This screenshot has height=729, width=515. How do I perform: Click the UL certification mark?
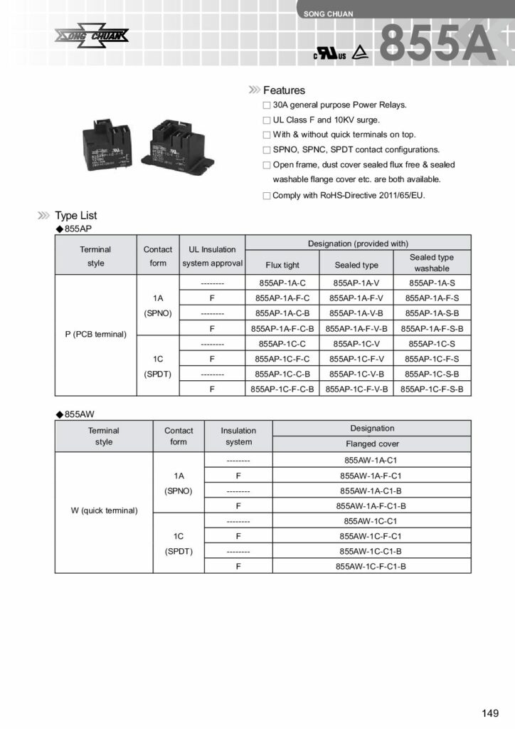[x=330, y=55]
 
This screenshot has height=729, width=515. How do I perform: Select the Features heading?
[x=284, y=90]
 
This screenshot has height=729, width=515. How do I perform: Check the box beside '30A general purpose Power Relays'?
[x=267, y=105]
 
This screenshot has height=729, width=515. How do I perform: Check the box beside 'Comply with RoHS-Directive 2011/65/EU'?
[x=267, y=195]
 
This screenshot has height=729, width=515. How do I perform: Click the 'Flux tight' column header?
[x=282, y=266]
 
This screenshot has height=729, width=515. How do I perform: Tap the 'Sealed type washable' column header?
[x=432, y=263]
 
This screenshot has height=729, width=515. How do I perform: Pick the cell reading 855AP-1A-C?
[x=282, y=283]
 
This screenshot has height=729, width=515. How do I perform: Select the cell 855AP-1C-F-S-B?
[x=432, y=389]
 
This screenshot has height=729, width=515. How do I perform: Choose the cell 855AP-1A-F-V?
[x=356, y=298]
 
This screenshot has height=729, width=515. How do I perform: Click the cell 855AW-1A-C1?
[x=372, y=461]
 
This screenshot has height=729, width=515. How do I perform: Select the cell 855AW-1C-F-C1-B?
[x=372, y=567]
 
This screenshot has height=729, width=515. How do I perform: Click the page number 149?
[x=490, y=713]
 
